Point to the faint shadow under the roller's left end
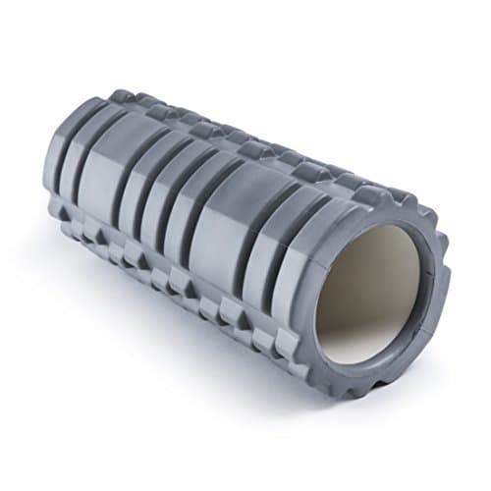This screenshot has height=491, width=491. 59,236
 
